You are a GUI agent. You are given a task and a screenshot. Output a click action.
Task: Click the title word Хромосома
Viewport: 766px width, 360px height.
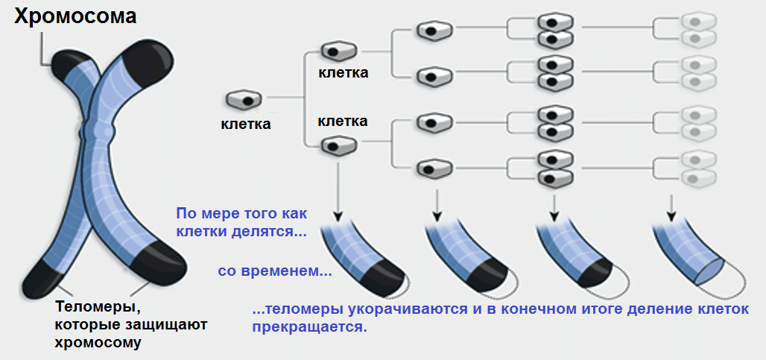(75, 16)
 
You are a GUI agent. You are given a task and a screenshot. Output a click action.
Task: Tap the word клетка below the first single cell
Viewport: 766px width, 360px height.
(246, 124)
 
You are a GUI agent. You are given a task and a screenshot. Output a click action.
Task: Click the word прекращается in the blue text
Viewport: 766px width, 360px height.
(309, 327)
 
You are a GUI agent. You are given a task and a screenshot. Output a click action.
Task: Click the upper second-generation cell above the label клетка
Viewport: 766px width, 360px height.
(334, 52)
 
